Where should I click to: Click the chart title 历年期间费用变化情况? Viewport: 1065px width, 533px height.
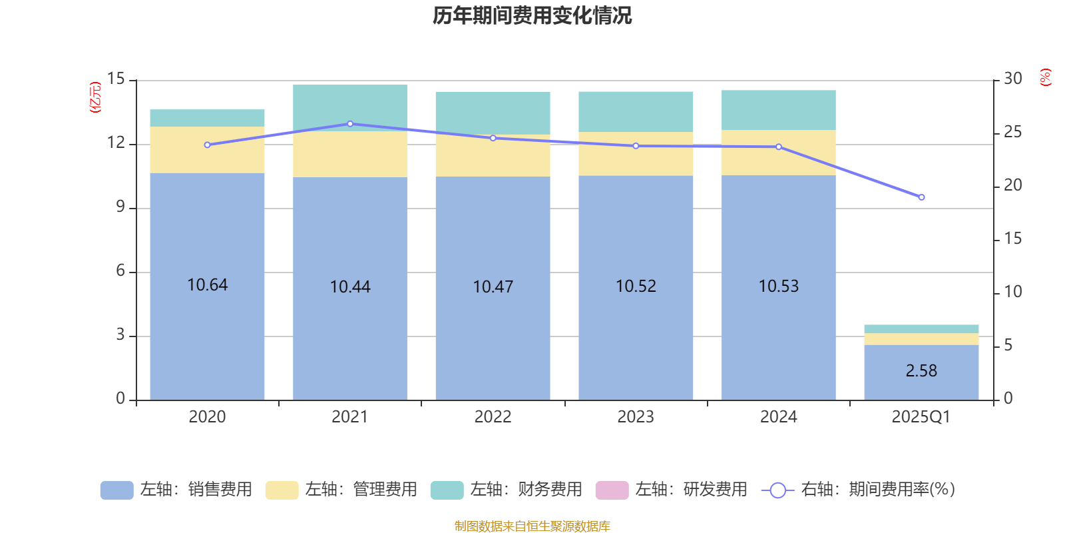(532, 15)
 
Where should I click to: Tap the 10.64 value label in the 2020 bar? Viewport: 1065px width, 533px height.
(207, 285)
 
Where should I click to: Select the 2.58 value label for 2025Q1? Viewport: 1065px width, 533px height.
(921, 371)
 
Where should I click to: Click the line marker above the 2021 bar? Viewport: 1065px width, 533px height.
(350, 124)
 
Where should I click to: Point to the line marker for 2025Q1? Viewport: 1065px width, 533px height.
(921, 197)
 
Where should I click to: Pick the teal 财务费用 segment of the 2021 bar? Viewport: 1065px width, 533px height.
(350, 107)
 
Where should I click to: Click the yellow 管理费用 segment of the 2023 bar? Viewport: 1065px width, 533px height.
(636, 154)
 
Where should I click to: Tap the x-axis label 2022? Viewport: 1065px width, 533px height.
(493, 417)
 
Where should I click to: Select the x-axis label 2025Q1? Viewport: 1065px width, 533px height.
(921, 417)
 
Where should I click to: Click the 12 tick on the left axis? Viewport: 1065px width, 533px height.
(116, 143)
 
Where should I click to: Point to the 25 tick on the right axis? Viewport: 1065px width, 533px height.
(1012, 133)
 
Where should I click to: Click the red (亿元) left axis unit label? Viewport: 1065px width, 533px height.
(95, 97)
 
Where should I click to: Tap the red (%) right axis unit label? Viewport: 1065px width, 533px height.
(1045, 77)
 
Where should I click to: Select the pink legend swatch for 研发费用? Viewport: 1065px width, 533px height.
(612, 490)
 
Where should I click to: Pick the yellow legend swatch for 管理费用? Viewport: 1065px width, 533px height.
(282, 490)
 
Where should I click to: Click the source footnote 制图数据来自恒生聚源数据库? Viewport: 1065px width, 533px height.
(532, 526)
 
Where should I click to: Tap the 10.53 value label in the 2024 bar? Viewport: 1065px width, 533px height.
(778, 286)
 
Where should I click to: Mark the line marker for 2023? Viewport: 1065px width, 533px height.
(636, 146)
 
